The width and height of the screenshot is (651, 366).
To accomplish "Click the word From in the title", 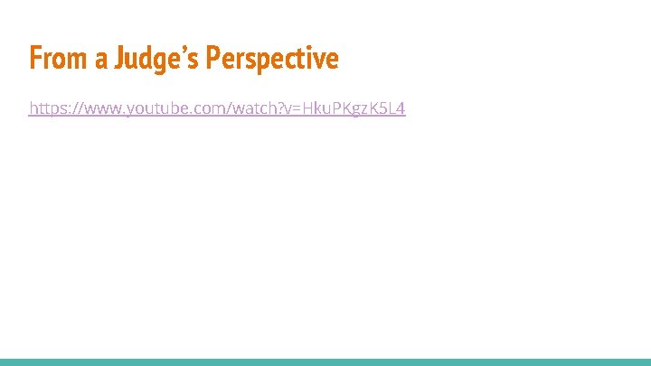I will tap(55, 59).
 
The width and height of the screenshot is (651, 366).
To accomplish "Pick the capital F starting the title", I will tap(35, 59).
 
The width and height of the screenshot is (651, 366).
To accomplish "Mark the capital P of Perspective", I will tap(212, 59).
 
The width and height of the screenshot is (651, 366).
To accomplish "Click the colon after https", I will tap(67, 110).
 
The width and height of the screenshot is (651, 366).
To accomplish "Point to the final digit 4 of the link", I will tap(401, 109).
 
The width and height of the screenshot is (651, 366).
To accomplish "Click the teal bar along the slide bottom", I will tap(325, 361).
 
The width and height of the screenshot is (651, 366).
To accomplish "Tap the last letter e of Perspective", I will tap(333, 61).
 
